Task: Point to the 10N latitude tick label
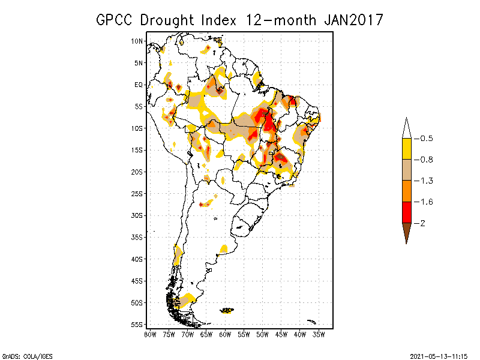pos(137,41)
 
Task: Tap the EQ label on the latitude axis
pos(139,85)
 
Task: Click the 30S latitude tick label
pos(137,215)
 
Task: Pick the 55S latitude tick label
pos(137,325)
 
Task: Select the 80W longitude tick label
pos(150,335)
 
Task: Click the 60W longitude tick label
pos(225,335)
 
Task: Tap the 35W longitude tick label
pos(319,335)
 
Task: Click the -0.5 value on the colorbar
pos(425,139)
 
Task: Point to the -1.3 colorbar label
pos(425,181)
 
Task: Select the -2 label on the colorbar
pos(422,223)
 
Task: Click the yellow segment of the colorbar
pos(406,149)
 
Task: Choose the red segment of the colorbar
pos(406,212)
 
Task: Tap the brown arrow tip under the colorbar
pos(406,232)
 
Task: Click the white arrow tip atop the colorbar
pos(406,128)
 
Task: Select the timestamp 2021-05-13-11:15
pos(439,354)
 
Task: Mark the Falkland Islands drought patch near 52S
pos(227,310)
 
